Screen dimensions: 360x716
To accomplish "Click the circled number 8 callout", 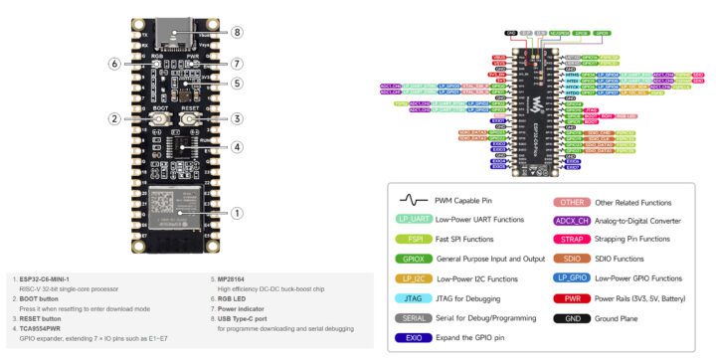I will (237, 32).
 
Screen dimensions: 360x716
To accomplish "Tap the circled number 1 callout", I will (237, 212).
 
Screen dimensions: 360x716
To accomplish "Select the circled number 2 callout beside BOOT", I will (115, 118).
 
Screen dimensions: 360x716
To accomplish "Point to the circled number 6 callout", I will (115, 64).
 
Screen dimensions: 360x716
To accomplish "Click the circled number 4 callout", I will (237, 147).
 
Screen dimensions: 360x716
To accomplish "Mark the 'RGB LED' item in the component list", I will (222, 298).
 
